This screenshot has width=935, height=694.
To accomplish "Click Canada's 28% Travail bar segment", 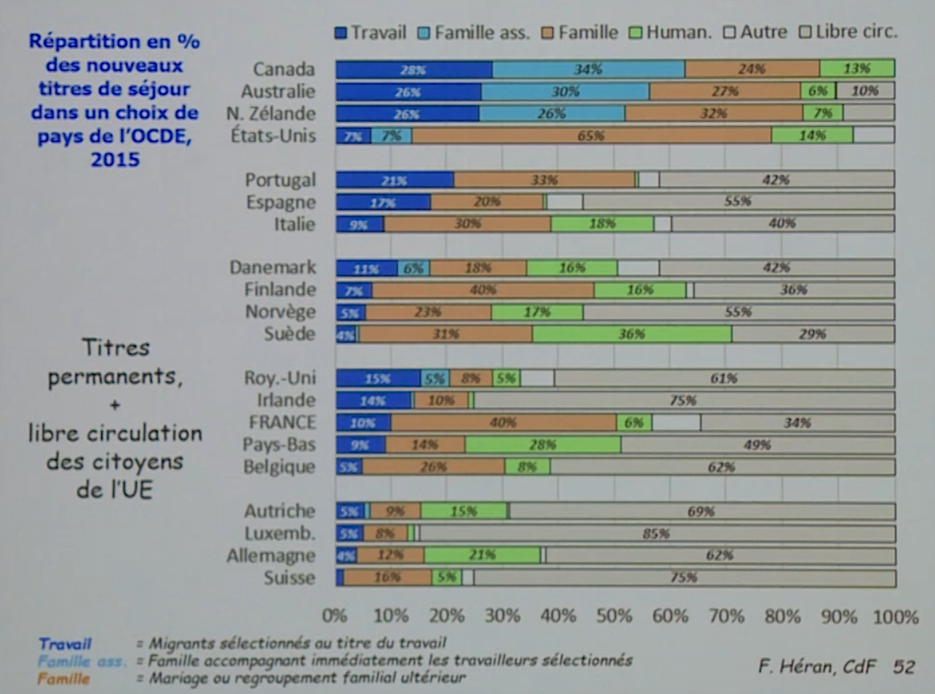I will pos(414,69).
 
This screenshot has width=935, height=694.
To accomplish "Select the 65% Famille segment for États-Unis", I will pos(591,135).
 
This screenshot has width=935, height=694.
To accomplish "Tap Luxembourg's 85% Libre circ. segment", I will pos(657,533).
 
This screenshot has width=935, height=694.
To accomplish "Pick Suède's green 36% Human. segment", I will pos(631,334).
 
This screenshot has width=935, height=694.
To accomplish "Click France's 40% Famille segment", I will pos(503,423).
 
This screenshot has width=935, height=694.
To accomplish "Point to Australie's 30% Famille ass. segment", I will pos(565,91).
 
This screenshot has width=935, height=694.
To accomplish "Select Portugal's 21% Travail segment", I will pos(395,180).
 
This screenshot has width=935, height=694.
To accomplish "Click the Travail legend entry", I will pos(370,32).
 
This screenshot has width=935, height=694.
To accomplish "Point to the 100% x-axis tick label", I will pos(895,616).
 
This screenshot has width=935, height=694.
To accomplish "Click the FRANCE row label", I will pos(282,423).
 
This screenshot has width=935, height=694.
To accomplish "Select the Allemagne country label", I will pos(271,556).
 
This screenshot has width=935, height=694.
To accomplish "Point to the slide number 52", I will pos(903,667).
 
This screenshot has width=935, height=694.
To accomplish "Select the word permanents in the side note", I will pos(115,378).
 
